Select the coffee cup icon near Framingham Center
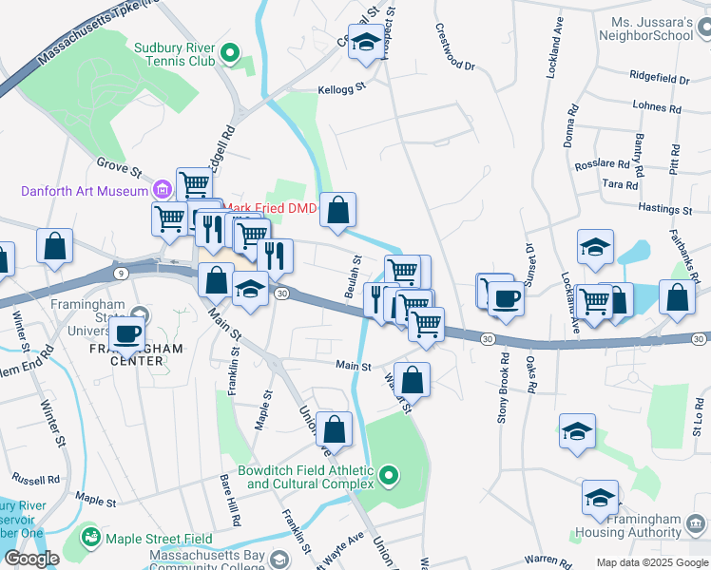click(x=126, y=333)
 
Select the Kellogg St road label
click(x=340, y=92)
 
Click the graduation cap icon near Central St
click(x=365, y=43)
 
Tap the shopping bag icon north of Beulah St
click(x=337, y=211)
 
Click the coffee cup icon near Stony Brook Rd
click(x=506, y=297)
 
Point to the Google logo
click(x=31, y=558)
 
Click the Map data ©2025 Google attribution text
click(x=651, y=562)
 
